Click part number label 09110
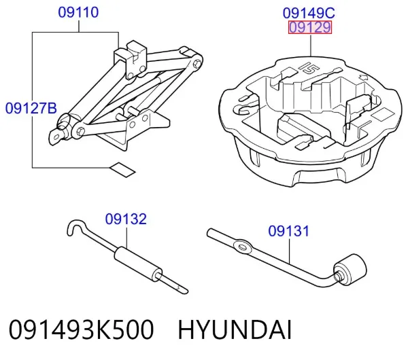pyautogui.click(x=78, y=12)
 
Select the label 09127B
pyautogui.click(x=31, y=108)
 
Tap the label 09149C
pyautogui.click(x=309, y=14)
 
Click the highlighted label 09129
pyautogui.click(x=310, y=27)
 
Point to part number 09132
pyautogui.click(x=126, y=219)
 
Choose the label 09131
pyautogui.click(x=288, y=231)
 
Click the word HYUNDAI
pyautogui.click(x=235, y=330)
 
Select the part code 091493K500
pyautogui.click(x=82, y=330)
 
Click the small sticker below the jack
pyautogui.click(x=123, y=170)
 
